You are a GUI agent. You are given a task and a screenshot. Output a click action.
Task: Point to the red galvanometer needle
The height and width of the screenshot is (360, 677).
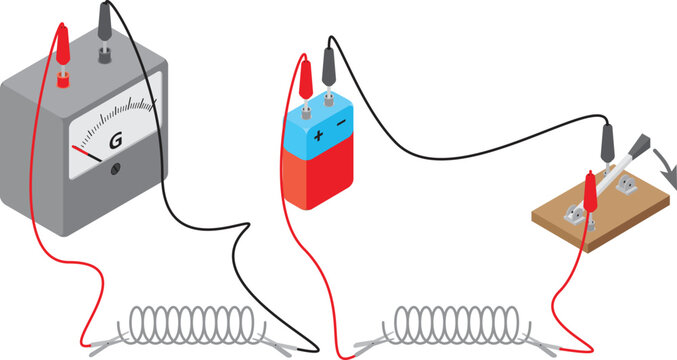(x=86, y=152)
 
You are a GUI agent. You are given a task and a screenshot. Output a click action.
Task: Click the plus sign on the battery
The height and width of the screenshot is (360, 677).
(x=319, y=133)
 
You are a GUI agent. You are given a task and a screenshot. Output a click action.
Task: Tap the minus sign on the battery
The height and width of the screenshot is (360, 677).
(x=341, y=123)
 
